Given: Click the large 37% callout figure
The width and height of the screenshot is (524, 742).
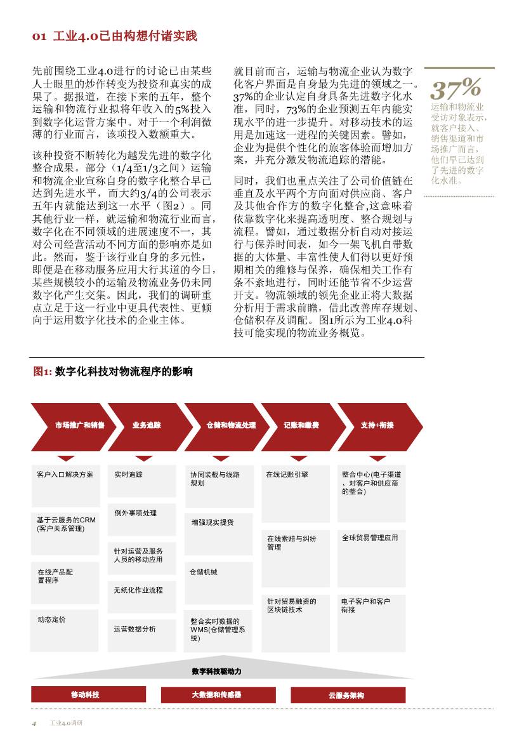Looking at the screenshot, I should [455, 87].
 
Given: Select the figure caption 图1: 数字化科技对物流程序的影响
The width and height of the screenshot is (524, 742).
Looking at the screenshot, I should [113, 372].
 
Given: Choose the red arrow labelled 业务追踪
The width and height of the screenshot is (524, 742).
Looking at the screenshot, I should [147, 425].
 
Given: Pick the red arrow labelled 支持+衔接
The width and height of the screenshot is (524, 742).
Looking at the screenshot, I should [377, 425].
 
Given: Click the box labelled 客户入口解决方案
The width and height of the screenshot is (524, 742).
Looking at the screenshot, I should [65, 482].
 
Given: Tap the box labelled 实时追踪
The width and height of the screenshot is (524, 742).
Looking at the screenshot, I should [141, 482].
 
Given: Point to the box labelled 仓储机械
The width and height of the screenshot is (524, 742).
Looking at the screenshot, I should [218, 581].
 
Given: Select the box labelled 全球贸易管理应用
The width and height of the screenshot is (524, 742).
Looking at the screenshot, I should [371, 549].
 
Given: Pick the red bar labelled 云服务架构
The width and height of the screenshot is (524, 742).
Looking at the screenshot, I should [347, 694].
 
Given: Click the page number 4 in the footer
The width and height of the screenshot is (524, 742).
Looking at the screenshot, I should [34, 723].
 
